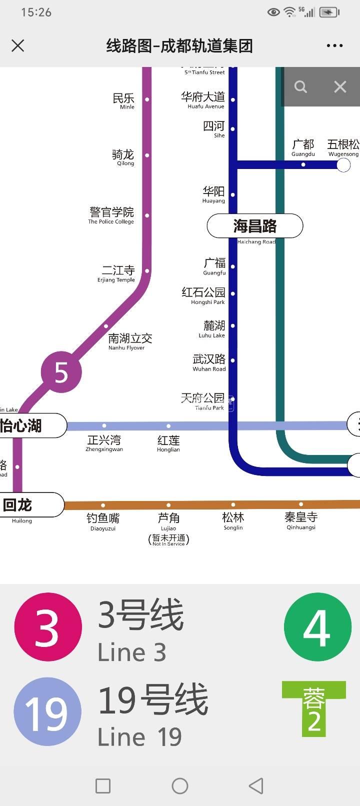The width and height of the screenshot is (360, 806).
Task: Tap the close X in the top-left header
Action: (x=18, y=46)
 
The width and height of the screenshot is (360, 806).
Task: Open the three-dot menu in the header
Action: (x=334, y=46)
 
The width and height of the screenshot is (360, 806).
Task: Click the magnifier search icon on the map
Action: (x=300, y=87)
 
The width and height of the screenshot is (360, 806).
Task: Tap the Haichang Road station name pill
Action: (x=255, y=226)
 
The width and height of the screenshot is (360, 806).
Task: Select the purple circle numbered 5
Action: (x=61, y=372)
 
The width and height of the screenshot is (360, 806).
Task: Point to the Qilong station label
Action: (x=123, y=157)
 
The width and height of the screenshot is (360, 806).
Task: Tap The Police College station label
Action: (x=111, y=215)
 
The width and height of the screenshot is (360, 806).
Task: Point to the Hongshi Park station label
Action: (x=204, y=295)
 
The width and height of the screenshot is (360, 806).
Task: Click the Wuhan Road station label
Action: (x=209, y=362)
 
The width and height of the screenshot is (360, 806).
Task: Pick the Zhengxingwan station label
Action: (x=104, y=442)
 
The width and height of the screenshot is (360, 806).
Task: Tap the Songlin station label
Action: (x=233, y=520)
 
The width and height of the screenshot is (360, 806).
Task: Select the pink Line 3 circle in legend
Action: (x=47, y=627)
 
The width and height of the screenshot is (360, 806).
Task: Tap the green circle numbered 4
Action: (x=317, y=627)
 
